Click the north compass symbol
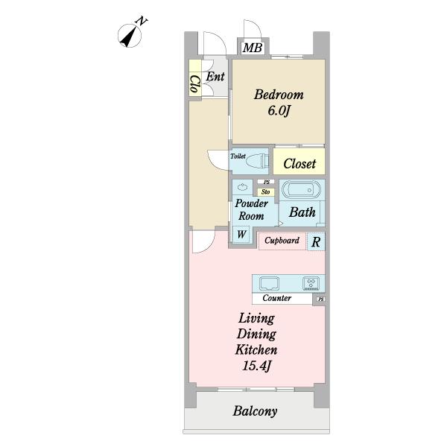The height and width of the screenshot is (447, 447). click(x=130, y=36)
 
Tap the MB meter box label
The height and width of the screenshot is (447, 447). click(x=253, y=48)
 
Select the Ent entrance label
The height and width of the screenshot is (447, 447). click(x=215, y=77)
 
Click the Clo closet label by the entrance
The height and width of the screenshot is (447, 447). click(x=195, y=83)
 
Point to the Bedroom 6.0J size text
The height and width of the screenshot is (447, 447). click(x=279, y=110)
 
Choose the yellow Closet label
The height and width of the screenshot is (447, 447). click(x=299, y=164)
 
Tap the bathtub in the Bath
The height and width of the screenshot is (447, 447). click(x=301, y=190)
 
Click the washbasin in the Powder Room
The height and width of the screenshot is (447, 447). click(x=242, y=187)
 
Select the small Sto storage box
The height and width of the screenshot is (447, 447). click(x=266, y=192)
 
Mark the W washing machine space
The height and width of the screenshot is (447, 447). click(x=241, y=235)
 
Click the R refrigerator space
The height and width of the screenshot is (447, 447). click(x=316, y=241)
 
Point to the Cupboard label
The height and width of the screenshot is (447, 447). click(x=282, y=241)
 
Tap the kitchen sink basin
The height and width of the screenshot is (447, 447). click(x=269, y=283)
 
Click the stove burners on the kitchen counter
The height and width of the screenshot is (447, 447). click(x=311, y=283)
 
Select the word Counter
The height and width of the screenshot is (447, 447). click(x=277, y=298)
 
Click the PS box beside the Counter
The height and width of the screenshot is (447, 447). click(x=320, y=299)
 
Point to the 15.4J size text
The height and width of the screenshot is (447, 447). click(x=256, y=366)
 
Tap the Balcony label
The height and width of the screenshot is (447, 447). click(x=255, y=410)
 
